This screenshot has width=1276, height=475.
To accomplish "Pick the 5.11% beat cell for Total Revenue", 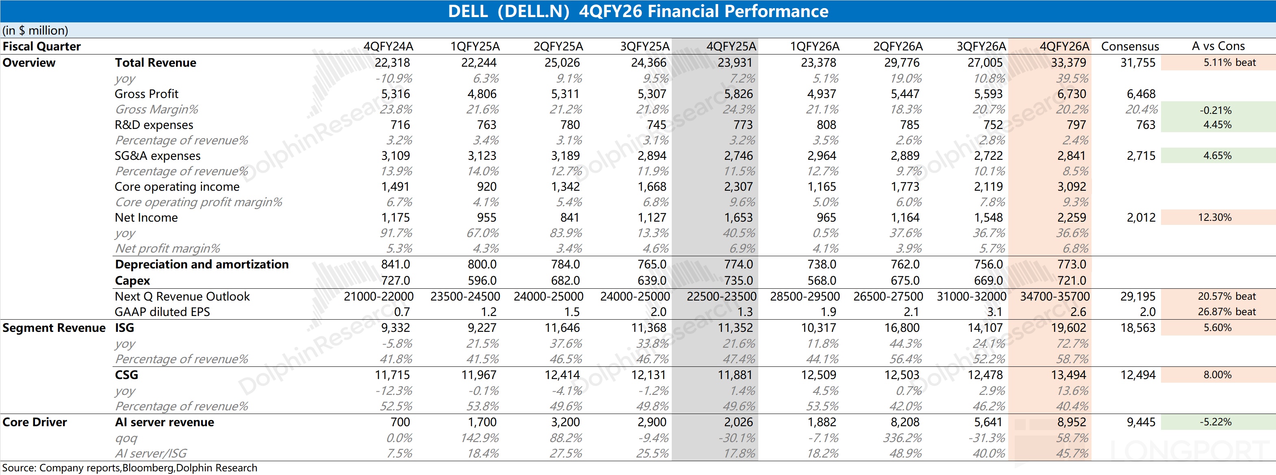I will tap(1229, 63).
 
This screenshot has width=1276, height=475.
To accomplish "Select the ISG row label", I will tap(124, 328).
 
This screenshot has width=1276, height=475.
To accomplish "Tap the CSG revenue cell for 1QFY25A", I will tap(479, 375).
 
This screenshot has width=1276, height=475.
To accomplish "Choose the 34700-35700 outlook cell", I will tap(1055, 296).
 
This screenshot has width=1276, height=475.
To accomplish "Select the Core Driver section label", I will tap(35, 423).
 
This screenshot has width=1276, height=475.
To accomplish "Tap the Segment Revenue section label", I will tap(54, 328).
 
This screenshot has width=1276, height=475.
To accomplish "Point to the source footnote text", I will tap(130, 468).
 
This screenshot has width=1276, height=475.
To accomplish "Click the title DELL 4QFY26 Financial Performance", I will tap(638, 11).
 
